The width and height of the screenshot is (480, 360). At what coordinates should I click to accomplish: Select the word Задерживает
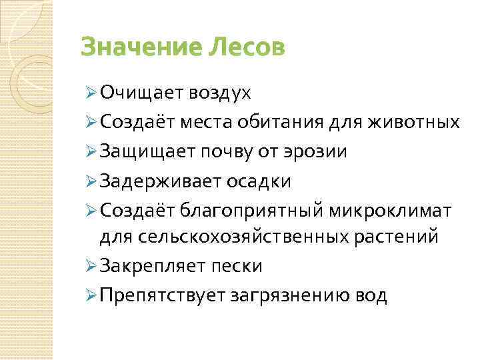(x=153, y=181)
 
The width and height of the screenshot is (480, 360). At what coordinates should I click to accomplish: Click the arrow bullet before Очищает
(x=90, y=93)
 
